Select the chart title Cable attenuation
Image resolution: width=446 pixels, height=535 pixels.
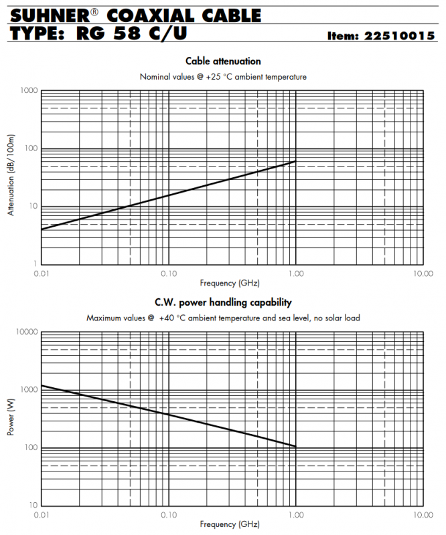tap(223, 62)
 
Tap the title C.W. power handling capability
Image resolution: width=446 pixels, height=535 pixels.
tap(223, 303)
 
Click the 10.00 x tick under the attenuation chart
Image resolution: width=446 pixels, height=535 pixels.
tap(422, 274)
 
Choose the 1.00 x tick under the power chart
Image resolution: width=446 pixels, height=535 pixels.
tap(295, 515)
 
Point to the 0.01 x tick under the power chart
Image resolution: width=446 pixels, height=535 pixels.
tap(42, 515)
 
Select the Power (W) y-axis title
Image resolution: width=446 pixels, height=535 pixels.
tap(11, 419)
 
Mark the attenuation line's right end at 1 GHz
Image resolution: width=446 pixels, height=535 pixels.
tap(295, 161)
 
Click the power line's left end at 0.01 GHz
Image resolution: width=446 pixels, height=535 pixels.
tap(42, 385)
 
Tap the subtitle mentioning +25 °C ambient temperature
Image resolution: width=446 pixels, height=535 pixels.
tap(223, 77)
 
